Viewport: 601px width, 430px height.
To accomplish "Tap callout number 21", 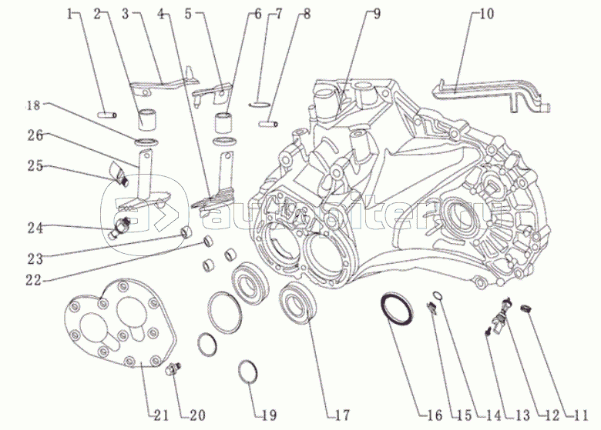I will (160, 415).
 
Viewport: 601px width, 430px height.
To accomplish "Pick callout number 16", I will (435, 415).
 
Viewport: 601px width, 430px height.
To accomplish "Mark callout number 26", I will (34, 135).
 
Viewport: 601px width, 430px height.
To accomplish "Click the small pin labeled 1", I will (107, 115).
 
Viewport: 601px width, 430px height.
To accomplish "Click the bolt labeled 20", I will (174, 371).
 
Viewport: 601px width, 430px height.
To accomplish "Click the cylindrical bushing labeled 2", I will (146, 119).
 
